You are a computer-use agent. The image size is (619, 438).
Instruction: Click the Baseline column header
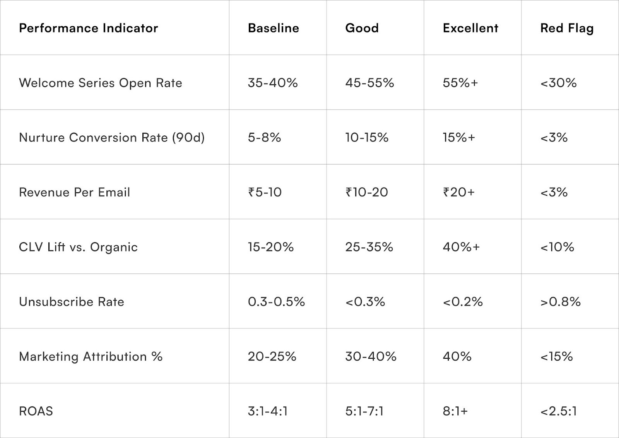273,28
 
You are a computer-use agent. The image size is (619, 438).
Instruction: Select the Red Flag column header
566,28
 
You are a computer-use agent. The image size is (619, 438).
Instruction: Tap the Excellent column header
470,28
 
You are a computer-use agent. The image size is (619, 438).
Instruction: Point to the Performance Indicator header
88,28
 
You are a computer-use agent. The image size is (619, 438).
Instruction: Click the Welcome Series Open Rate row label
100,83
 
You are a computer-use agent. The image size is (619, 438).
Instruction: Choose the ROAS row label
36,411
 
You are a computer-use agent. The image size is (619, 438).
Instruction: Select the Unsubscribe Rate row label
71,302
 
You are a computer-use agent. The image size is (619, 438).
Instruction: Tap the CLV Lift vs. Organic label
78,247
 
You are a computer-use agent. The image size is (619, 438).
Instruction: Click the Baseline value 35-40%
272,83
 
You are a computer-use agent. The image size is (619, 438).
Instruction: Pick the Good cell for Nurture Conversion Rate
366,138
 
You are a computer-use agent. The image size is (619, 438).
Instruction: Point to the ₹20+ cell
458,192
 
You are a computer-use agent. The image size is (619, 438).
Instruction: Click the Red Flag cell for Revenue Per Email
554,192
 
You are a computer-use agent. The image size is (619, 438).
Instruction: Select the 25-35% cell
369,247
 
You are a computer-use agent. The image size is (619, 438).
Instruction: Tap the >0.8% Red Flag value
560,302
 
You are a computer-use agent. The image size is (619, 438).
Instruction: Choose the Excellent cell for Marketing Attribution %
457,356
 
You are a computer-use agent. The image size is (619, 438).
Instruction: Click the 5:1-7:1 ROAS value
364,411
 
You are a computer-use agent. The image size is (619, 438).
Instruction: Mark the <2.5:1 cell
558,411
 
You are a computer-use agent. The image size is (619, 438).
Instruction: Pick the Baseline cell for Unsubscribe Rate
276,302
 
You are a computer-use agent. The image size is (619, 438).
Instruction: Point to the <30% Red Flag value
558,83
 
